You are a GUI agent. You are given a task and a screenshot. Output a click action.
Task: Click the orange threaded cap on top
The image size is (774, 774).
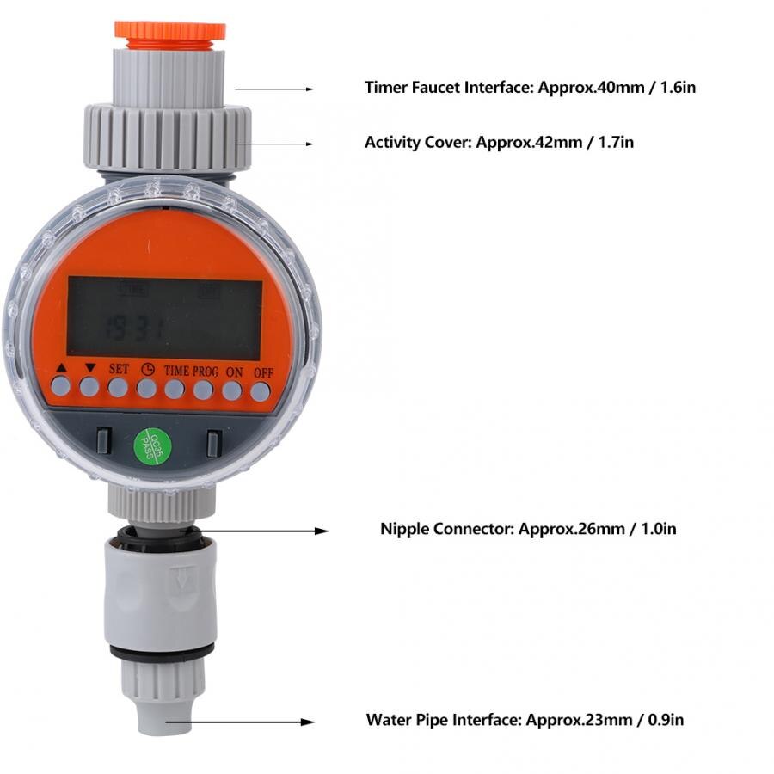coord(169,29)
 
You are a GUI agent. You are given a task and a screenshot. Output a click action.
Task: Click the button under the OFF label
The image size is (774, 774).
coord(260,391)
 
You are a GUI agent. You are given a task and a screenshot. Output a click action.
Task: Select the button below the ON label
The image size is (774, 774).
coord(231,390)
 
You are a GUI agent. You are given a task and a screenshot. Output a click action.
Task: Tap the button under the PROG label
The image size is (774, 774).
coord(203,390)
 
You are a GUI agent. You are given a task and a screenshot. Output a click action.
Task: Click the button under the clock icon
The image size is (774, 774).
coord(146,389)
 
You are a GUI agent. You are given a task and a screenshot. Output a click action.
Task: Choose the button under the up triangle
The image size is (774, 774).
coord(60,386)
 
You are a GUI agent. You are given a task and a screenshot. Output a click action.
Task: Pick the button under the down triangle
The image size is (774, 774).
coord(89,387)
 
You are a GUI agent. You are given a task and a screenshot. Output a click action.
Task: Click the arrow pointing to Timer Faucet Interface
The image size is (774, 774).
coord(274,89)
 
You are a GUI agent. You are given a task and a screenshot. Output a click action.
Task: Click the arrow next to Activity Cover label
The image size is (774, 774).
coord(274,144)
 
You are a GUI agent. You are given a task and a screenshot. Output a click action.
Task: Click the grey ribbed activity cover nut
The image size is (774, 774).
coord(168,136)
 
